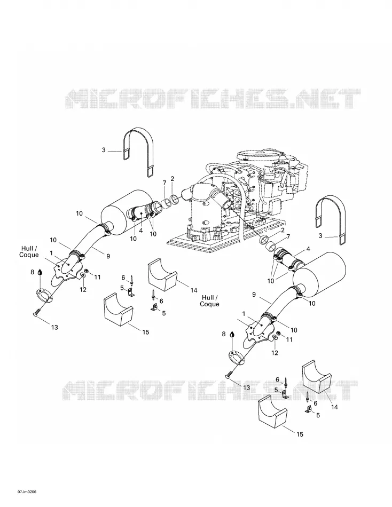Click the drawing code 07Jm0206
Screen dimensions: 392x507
tap(27, 492)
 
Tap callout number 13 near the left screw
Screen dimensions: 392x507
tap(54, 327)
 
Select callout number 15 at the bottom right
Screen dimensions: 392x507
tap(300, 434)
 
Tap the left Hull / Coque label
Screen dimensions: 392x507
tap(29, 251)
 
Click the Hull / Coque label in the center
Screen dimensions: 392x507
tap(209, 300)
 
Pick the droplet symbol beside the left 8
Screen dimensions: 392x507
tap(40, 272)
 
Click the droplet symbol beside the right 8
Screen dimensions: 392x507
tap(231, 334)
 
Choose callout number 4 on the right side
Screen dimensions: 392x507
tap(308, 249)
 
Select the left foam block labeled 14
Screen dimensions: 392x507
tap(163, 275)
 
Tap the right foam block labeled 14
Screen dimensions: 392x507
tap(317, 376)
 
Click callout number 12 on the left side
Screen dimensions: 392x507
tap(83, 289)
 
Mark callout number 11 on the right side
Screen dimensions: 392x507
tap(289, 339)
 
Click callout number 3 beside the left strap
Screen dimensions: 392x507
tap(104, 150)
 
